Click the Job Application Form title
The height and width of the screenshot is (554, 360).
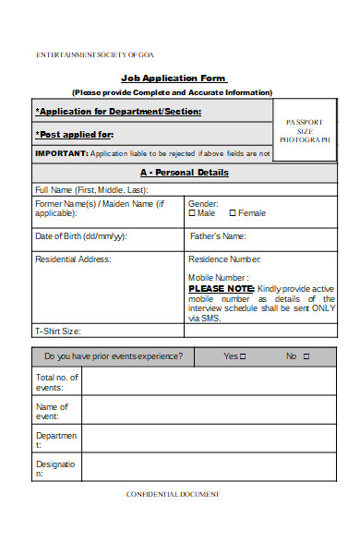point(174,78)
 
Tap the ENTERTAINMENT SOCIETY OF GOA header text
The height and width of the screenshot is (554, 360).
point(95,54)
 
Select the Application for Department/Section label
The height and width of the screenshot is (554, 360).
point(118,112)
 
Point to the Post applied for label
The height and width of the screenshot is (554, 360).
point(74,134)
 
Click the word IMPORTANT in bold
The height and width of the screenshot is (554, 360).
point(61,153)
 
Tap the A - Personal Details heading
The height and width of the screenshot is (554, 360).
point(185,173)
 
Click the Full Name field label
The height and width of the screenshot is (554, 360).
point(90,190)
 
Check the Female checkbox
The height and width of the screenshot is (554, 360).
point(233,212)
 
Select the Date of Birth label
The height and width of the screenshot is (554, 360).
point(80,236)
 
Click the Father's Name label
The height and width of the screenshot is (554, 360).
point(218,236)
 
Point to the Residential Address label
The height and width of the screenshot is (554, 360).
point(73,259)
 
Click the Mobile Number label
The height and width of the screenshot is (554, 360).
point(218,277)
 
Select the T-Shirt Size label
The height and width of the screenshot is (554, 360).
point(57,331)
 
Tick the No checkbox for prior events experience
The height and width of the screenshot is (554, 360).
point(306,356)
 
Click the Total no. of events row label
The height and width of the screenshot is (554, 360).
point(57,382)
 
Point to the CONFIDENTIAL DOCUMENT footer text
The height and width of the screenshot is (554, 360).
point(173,494)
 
